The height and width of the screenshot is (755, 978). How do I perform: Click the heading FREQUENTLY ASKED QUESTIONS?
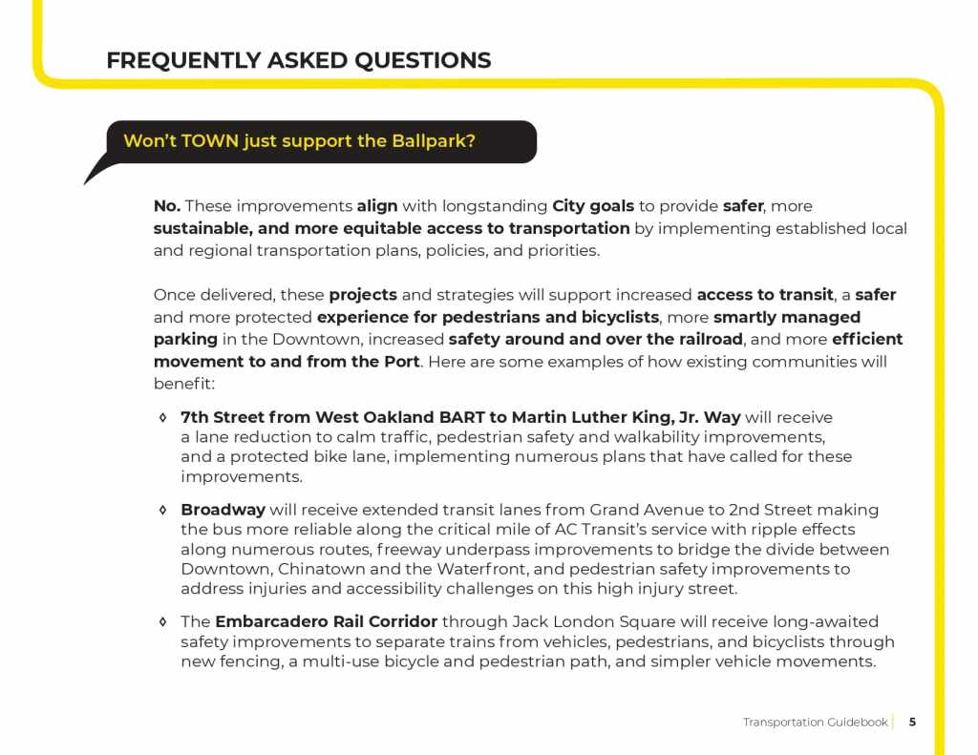point(298,61)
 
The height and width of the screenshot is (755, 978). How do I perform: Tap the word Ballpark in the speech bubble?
point(433,141)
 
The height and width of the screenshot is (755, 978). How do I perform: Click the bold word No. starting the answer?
point(167,205)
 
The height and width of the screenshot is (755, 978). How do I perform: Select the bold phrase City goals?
point(593,205)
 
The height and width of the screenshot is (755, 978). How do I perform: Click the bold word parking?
point(185,339)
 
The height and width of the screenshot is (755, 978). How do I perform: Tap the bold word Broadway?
point(223,511)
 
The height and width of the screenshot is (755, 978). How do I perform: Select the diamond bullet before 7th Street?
point(163,418)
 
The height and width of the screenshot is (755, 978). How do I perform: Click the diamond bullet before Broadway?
point(163,511)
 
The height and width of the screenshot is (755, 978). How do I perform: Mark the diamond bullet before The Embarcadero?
point(163,622)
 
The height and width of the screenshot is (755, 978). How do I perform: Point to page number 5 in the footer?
point(912,722)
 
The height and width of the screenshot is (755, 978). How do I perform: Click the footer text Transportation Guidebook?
point(815,722)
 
